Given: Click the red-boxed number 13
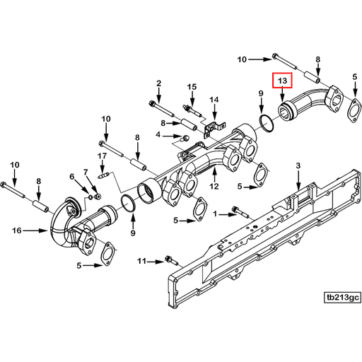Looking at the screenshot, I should pos(282,81).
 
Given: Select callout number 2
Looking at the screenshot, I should pos(159,84).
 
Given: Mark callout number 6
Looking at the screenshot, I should pos(86,172).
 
